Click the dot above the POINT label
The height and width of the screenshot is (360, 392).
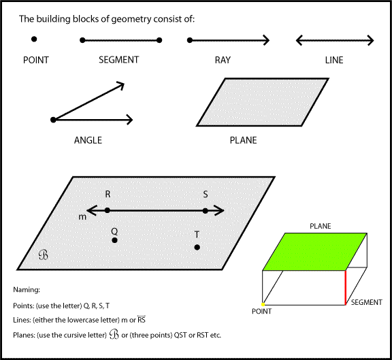click(34, 40)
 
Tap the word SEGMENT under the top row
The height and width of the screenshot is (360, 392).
click(119, 60)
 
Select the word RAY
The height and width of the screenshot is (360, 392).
click(223, 60)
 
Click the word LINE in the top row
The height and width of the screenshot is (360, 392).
click(334, 60)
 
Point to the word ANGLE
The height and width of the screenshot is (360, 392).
click(88, 140)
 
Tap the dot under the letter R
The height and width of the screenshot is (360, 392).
click(107, 211)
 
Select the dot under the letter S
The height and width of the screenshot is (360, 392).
click(206, 211)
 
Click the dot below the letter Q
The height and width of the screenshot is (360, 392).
click(114, 240)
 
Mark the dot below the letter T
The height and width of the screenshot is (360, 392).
click(197, 247)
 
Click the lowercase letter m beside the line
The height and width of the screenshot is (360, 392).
click(80, 216)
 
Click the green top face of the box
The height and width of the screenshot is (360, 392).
click(313, 251)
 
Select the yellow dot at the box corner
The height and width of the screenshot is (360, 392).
click(263, 304)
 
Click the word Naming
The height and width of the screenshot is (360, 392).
click(27, 289)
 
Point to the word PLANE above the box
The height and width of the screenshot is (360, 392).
click(321, 225)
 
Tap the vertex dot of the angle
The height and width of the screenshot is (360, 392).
click(53, 120)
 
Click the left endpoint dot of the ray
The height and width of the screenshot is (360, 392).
click(189, 41)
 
